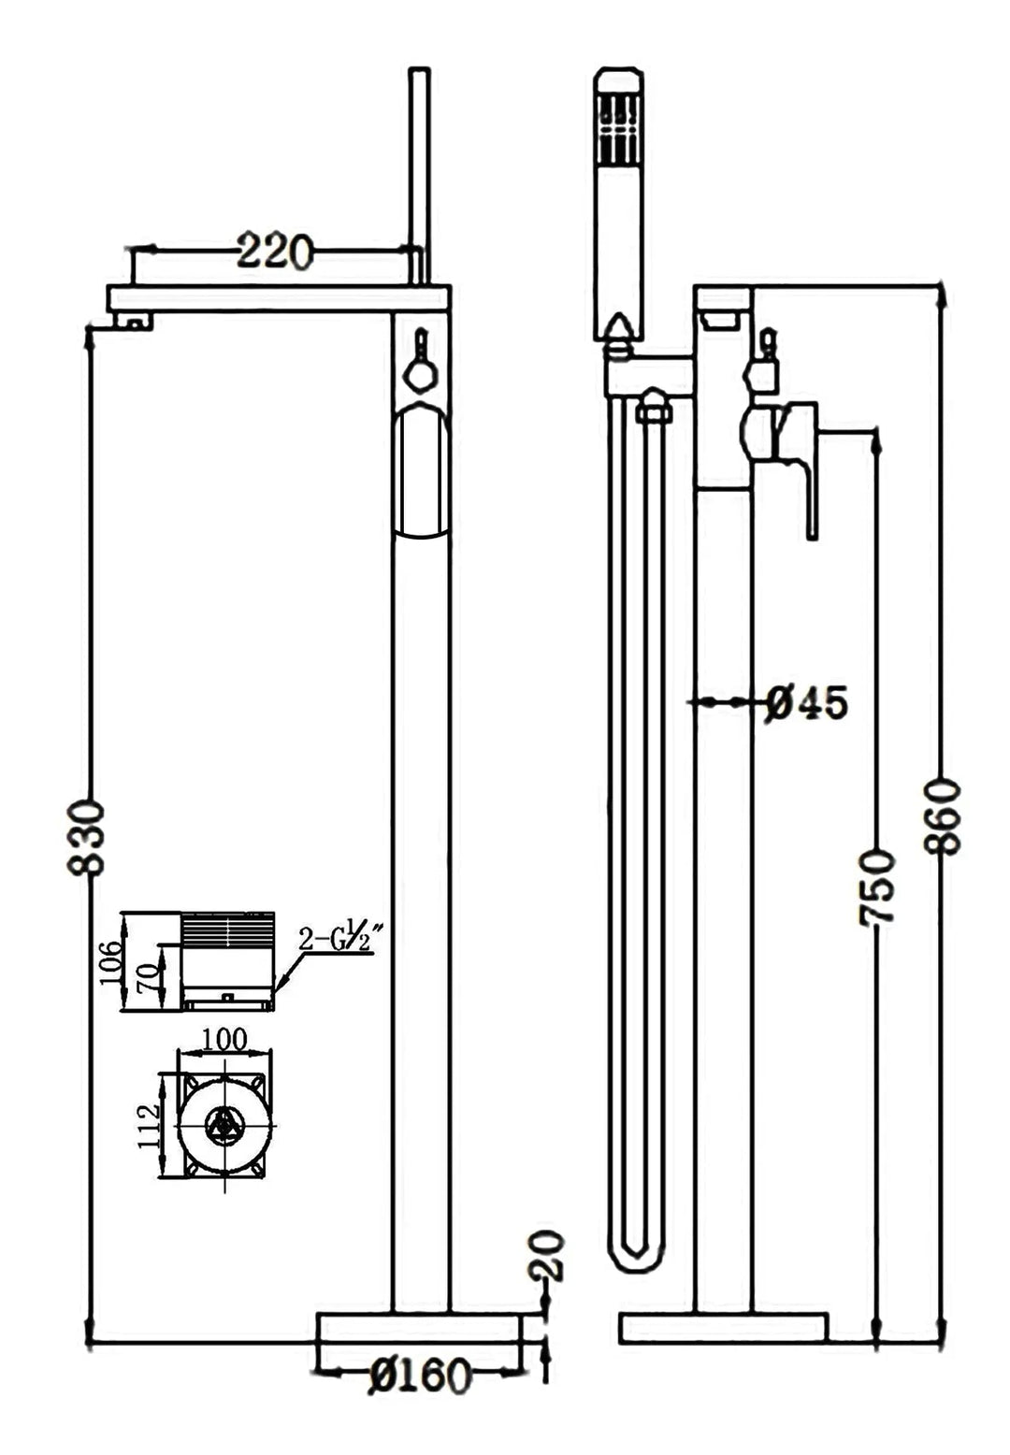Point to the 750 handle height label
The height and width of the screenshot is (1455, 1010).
[878, 887]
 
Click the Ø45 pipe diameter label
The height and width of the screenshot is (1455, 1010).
[806, 702]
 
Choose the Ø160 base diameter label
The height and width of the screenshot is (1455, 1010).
[418, 1376]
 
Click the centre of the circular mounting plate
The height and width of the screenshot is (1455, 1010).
[224, 1126]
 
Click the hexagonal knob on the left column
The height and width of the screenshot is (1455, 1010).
[419, 375]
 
